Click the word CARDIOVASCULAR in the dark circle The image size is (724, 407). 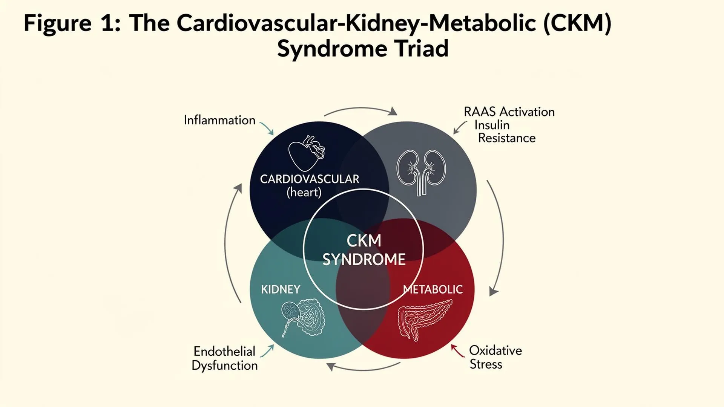[310, 179]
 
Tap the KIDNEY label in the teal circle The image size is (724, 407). [281, 289]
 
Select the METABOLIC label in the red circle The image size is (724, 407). [433, 289]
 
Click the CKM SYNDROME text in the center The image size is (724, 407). [364, 250]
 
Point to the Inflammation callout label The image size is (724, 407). [219, 120]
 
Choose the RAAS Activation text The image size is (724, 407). [509, 112]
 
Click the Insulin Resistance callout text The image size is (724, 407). [505, 132]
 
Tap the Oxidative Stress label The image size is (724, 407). [495, 357]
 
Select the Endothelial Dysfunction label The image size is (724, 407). [225, 358]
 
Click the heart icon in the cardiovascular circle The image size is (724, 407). [306, 153]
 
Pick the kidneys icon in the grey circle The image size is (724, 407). [421, 173]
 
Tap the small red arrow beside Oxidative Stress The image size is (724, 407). [457, 350]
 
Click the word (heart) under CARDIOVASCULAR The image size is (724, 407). [304, 193]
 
